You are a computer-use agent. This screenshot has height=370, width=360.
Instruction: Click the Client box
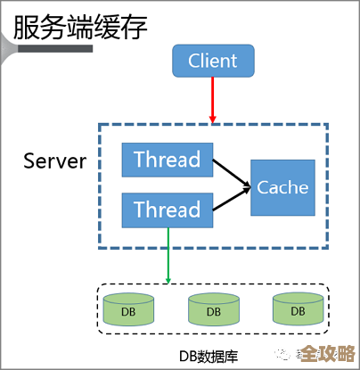point(213,61)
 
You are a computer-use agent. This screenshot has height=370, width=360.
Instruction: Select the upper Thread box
point(168,160)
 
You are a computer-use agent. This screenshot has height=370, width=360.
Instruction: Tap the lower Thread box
point(168,210)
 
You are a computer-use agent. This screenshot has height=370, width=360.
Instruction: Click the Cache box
point(282,187)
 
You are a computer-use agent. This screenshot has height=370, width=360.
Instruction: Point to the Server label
point(55,161)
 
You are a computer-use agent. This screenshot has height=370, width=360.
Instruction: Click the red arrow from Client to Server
point(213,96)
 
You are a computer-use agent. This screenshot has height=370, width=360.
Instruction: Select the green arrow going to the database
point(168,254)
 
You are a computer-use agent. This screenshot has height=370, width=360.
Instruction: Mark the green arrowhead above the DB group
point(168,278)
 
